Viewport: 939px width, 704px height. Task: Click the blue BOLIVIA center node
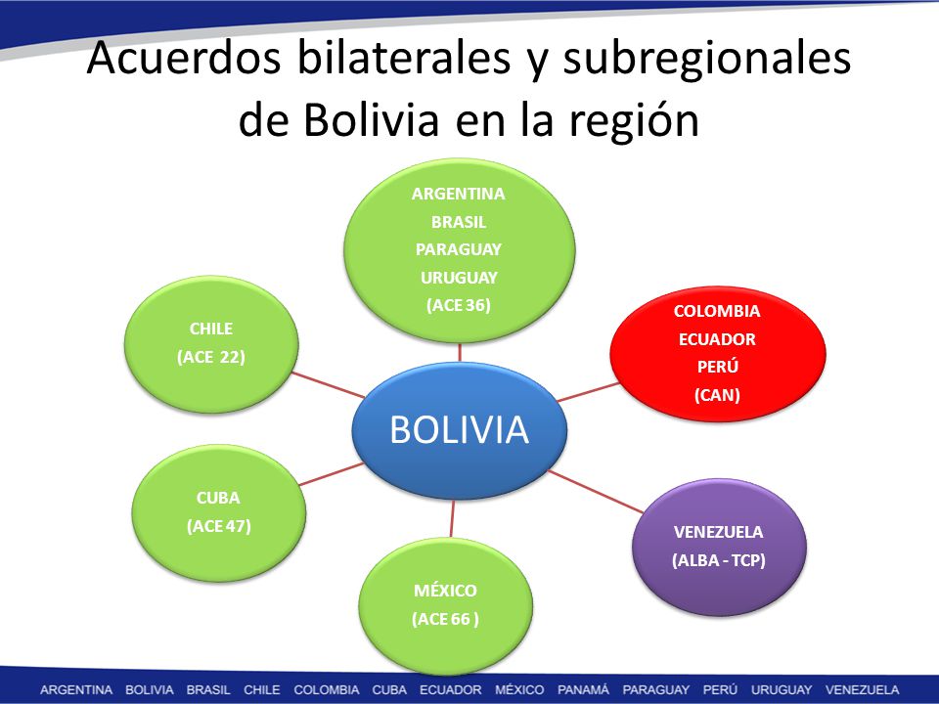(460, 430)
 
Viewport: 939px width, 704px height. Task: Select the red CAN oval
(717, 354)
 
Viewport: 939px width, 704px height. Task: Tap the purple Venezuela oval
(719, 547)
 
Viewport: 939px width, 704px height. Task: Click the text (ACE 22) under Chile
(211, 358)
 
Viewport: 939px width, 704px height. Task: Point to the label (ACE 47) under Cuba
(218, 526)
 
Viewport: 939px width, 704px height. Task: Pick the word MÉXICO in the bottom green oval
(446, 591)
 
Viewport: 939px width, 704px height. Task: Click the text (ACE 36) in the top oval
(459, 305)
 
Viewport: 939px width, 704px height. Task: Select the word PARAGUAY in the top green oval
(459, 249)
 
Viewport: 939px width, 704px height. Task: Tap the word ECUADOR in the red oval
(717, 339)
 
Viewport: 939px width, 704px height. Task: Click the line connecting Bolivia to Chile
(329, 385)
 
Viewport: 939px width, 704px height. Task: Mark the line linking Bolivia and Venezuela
(596, 492)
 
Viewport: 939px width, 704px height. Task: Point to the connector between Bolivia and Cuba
(332, 474)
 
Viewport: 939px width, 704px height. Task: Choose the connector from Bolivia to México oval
(452, 518)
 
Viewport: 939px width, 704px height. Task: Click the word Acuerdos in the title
(184, 58)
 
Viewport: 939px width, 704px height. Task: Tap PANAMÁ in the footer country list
(583, 689)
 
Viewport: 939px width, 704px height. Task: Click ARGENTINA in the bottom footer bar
(76, 689)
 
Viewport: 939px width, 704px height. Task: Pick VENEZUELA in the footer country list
(862, 689)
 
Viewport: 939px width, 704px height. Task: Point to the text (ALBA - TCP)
(719, 560)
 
